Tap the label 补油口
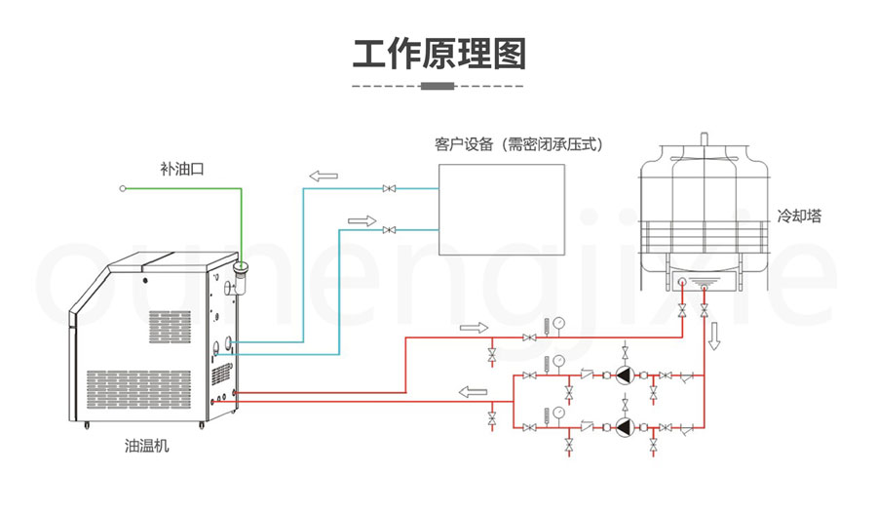(x=182, y=168)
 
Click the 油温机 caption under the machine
(x=147, y=446)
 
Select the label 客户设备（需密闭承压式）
(x=517, y=143)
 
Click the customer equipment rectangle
(x=501, y=209)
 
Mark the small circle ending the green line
(x=123, y=188)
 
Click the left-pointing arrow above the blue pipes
(x=323, y=177)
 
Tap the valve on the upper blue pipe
(x=389, y=188)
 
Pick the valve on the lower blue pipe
(x=389, y=230)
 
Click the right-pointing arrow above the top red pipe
(x=472, y=327)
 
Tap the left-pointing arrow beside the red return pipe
(x=473, y=392)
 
